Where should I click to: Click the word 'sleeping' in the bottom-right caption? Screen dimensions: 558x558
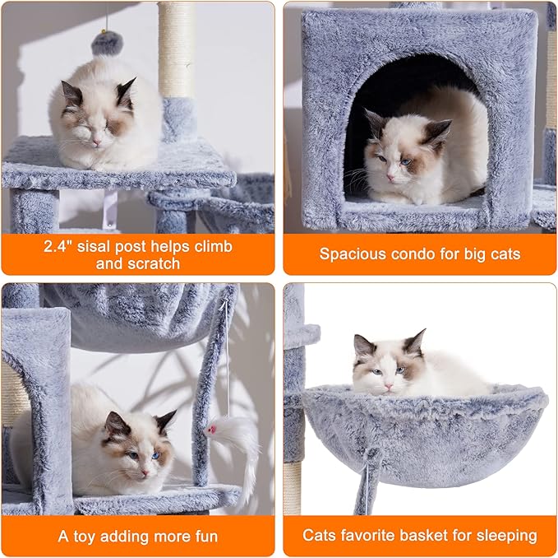tap(504, 537)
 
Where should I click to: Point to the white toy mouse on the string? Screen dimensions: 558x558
tap(212, 428)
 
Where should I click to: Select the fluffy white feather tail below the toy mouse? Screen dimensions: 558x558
tap(242, 453)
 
